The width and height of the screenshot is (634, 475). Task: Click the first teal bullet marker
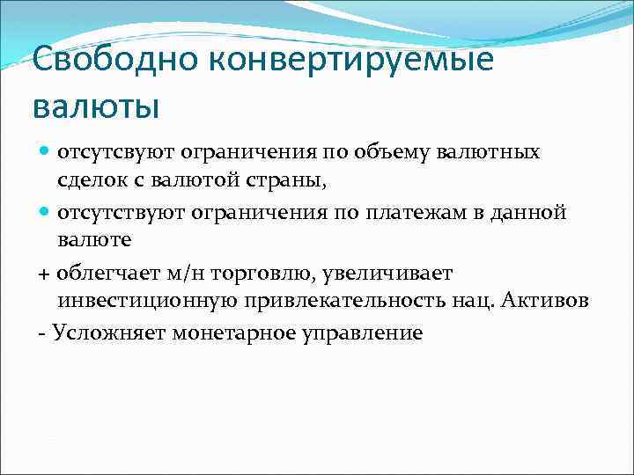point(44,152)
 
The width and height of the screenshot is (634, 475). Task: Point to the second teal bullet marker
point(44,212)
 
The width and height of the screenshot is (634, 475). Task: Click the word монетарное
point(232,332)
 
